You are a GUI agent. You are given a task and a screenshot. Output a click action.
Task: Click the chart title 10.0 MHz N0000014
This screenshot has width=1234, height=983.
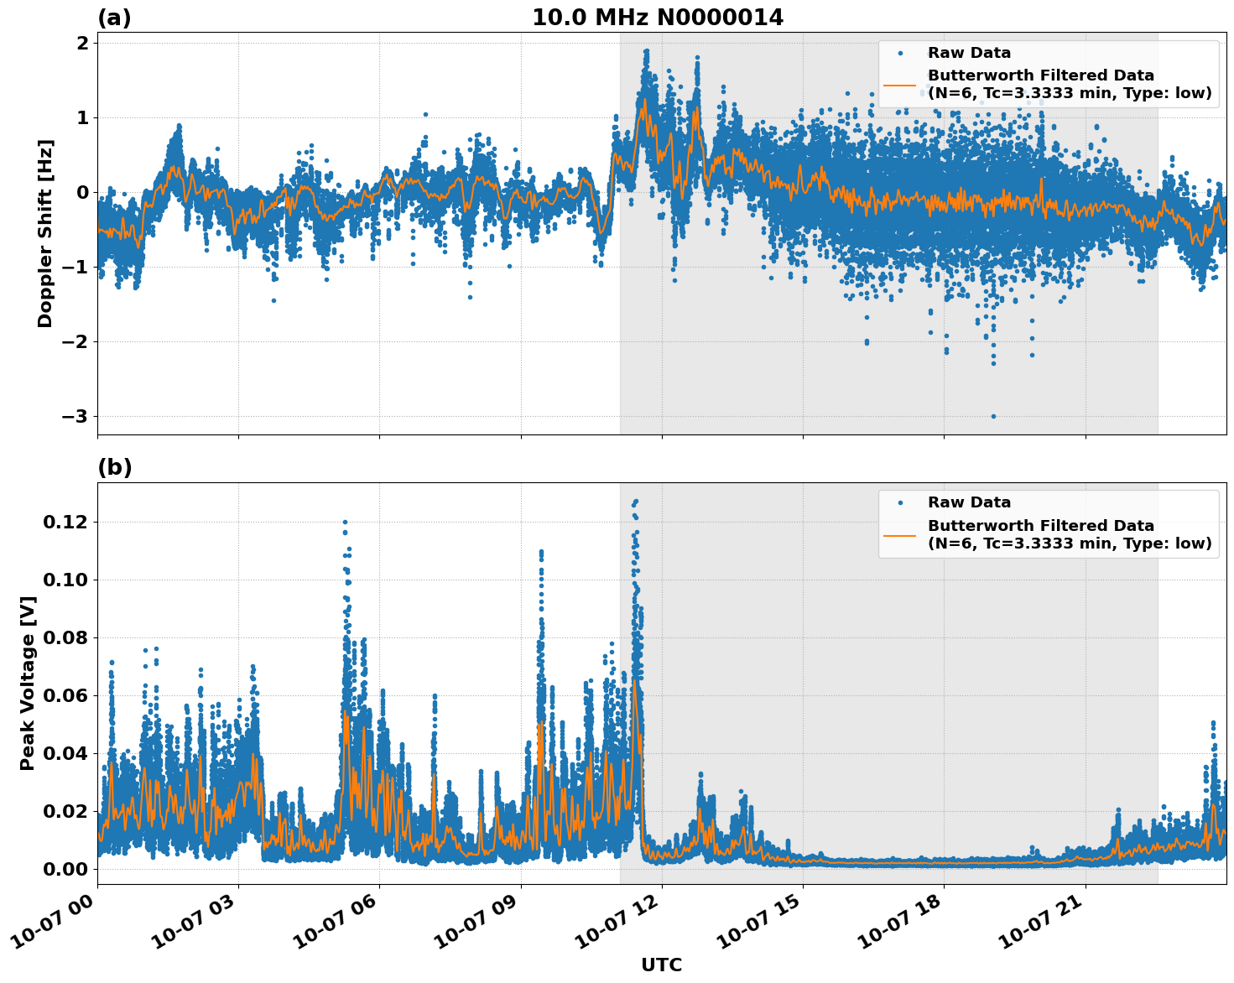658,18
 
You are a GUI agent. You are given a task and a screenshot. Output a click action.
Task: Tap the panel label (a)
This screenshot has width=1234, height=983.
114,18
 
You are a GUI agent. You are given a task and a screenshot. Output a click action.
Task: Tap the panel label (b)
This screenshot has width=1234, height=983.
114,467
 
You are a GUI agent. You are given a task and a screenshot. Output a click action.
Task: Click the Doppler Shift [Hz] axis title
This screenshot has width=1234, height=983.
45,233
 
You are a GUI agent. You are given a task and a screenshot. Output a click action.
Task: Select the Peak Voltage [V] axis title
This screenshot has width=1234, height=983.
28,683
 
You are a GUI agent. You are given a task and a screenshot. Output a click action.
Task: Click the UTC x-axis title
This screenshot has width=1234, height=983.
661,965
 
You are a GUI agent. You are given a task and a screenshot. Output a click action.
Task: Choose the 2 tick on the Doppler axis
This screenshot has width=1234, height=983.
82,44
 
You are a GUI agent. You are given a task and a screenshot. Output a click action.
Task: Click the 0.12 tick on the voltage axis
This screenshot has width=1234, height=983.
65,523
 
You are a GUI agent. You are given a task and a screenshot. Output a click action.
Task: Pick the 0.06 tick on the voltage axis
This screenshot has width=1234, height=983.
65,695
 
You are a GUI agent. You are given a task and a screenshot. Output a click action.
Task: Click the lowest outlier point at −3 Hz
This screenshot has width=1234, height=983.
993,416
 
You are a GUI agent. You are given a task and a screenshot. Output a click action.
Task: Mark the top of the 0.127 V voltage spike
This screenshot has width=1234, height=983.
636,502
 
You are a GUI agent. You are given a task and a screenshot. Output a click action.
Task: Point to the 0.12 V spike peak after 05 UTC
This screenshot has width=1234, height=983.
345,522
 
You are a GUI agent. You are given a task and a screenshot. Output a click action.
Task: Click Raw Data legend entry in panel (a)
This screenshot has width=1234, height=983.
969,53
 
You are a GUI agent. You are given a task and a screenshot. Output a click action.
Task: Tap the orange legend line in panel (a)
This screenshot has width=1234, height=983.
900,85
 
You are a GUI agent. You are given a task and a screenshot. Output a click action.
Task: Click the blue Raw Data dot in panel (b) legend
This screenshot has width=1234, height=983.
900,502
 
